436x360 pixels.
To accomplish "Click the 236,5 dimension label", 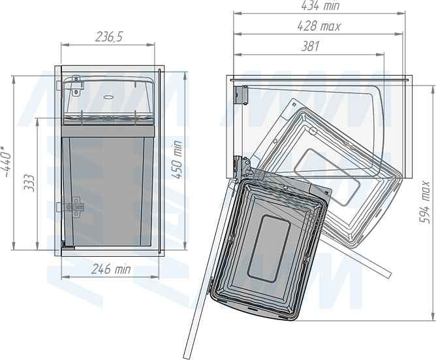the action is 109,37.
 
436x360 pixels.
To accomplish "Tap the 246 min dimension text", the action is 111,269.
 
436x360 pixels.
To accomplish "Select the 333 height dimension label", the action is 29,183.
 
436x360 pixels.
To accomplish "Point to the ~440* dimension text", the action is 6,161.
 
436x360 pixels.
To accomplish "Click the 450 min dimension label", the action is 177,160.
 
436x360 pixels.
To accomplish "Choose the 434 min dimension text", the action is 320,6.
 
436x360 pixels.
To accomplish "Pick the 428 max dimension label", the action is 319,26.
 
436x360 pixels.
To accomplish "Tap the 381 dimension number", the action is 310,46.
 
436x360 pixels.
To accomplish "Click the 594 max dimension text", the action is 425,203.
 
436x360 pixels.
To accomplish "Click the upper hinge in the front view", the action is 76,86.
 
